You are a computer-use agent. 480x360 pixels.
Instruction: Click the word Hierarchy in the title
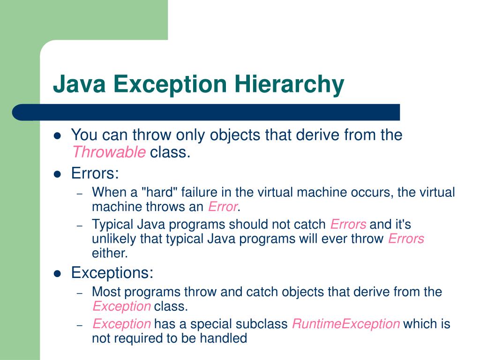(x=289, y=85)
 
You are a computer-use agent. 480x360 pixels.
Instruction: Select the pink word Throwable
(x=108, y=152)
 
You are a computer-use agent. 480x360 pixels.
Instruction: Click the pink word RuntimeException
(x=346, y=324)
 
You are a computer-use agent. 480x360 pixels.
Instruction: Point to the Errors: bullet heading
(x=95, y=173)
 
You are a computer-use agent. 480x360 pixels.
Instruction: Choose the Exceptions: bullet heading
(x=112, y=272)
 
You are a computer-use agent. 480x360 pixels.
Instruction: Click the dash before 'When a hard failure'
(x=80, y=193)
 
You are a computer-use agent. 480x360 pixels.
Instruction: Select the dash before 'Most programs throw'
(x=80, y=292)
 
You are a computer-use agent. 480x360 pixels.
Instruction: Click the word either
(x=109, y=253)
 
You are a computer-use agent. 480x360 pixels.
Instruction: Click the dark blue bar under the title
(x=206, y=112)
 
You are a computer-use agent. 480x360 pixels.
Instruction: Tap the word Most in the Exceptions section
(x=107, y=292)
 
